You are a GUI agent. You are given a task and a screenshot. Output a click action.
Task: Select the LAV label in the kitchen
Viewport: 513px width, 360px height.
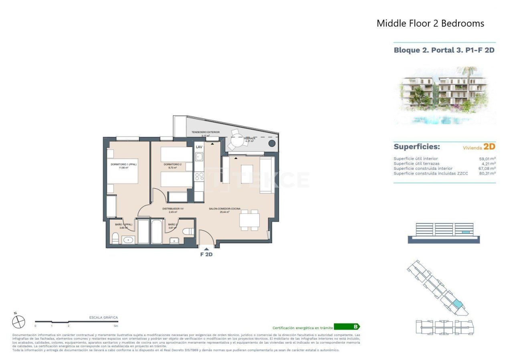point(199,147)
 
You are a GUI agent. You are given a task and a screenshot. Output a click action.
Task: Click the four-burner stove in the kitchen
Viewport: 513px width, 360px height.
point(199,176)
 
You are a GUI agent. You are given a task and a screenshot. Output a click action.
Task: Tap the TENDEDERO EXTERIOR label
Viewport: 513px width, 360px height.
point(206,132)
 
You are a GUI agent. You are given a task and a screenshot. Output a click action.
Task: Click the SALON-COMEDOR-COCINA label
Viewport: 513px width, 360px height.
point(224,209)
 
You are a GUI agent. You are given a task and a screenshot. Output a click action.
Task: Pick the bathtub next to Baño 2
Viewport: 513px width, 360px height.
point(157,231)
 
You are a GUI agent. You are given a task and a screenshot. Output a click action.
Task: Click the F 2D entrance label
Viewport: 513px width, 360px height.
point(206,254)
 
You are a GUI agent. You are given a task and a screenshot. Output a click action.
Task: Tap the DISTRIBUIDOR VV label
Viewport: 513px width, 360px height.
point(173,209)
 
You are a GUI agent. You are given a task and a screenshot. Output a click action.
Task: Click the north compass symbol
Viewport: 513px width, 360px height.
point(18,322)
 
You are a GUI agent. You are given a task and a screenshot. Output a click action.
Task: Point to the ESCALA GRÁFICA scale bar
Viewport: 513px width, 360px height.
point(76,322)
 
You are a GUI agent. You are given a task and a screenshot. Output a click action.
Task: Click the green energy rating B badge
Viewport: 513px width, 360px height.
point(347,327)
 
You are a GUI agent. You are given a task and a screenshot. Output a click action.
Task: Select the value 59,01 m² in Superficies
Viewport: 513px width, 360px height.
point(487,159)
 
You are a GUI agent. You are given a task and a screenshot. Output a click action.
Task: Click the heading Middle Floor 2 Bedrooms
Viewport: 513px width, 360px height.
point(430,24)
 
